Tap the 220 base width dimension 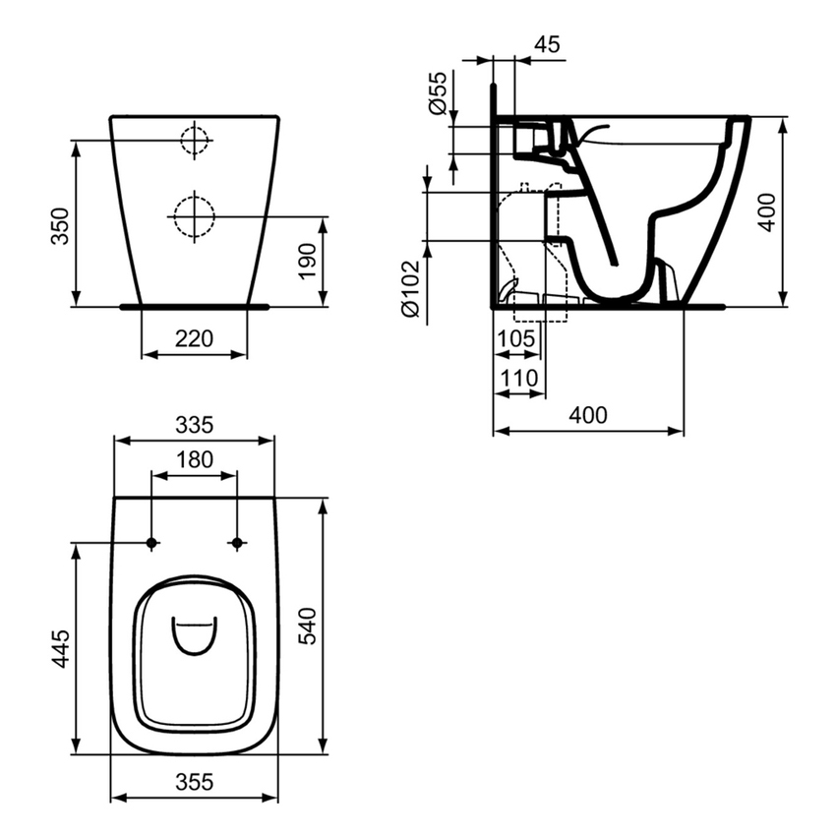[x=195, y=338]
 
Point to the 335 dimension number [x=195, y=425]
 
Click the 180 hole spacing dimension [x=195, y=460]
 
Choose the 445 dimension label [x=61, y=650]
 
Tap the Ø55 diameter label [x=439, y=94]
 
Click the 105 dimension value [x=516, y=339]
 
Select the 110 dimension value [x=518, y=377]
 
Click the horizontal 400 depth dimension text [x=587, y=415]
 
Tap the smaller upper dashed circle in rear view [x=196, y=142]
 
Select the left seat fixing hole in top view [x=151, y=543]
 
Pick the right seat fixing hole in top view [x=236, y=543]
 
